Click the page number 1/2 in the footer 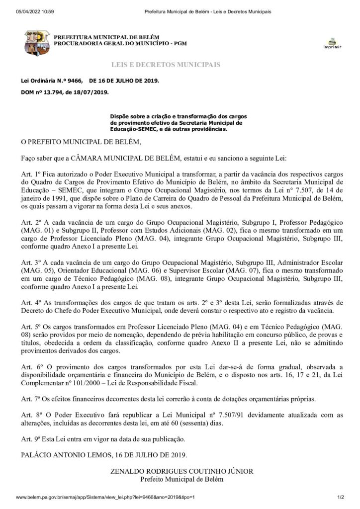341,497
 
